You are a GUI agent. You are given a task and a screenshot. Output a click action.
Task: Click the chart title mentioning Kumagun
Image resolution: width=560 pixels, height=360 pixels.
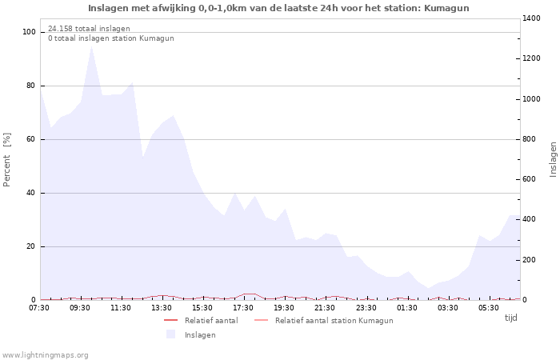pos(278,8)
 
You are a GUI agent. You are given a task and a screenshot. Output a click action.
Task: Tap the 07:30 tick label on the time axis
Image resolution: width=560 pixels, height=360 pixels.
pos(39,307)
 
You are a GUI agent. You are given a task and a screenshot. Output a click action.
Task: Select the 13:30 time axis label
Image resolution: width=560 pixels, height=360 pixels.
pos(162,307)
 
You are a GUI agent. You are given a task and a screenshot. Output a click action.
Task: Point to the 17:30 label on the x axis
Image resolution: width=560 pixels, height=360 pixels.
pos(243,307)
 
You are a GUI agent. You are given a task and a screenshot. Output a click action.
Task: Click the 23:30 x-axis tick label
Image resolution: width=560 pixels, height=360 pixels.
pos(366,307)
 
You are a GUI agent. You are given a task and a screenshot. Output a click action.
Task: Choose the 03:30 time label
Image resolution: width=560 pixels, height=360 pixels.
pos(447,307)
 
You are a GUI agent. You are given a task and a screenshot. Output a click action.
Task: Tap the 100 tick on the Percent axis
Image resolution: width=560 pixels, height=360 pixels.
pos(30,32)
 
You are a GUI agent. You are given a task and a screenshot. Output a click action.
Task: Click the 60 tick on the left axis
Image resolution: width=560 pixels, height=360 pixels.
pos(32,139)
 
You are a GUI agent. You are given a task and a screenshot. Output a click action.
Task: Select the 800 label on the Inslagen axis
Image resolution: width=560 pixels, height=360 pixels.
pos(530,139)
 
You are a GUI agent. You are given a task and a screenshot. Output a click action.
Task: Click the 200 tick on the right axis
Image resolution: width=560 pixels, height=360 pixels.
pos(530,260)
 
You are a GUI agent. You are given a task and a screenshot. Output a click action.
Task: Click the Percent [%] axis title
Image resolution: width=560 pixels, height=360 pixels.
pos(7,159)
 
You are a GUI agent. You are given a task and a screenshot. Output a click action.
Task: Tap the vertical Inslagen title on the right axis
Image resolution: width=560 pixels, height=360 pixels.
pos(553,159)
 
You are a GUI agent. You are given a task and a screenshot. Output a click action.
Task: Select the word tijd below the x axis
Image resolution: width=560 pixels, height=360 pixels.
pos(510,318)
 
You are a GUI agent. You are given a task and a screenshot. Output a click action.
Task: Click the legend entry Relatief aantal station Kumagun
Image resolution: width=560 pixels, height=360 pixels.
pos(334,321)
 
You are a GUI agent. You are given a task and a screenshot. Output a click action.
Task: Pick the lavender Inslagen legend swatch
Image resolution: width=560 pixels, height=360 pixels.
pos(170,334)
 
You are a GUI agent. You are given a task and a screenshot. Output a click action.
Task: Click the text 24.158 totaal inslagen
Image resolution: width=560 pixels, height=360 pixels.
pos(89,29)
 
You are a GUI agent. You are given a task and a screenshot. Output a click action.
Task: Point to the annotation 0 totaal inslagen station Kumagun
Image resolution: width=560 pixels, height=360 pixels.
pos(110,38)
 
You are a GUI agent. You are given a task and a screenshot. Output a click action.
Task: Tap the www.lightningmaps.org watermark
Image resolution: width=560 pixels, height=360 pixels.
pos(45,354)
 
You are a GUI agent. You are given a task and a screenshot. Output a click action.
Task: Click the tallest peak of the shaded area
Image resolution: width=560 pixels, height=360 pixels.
pos(91,46)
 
